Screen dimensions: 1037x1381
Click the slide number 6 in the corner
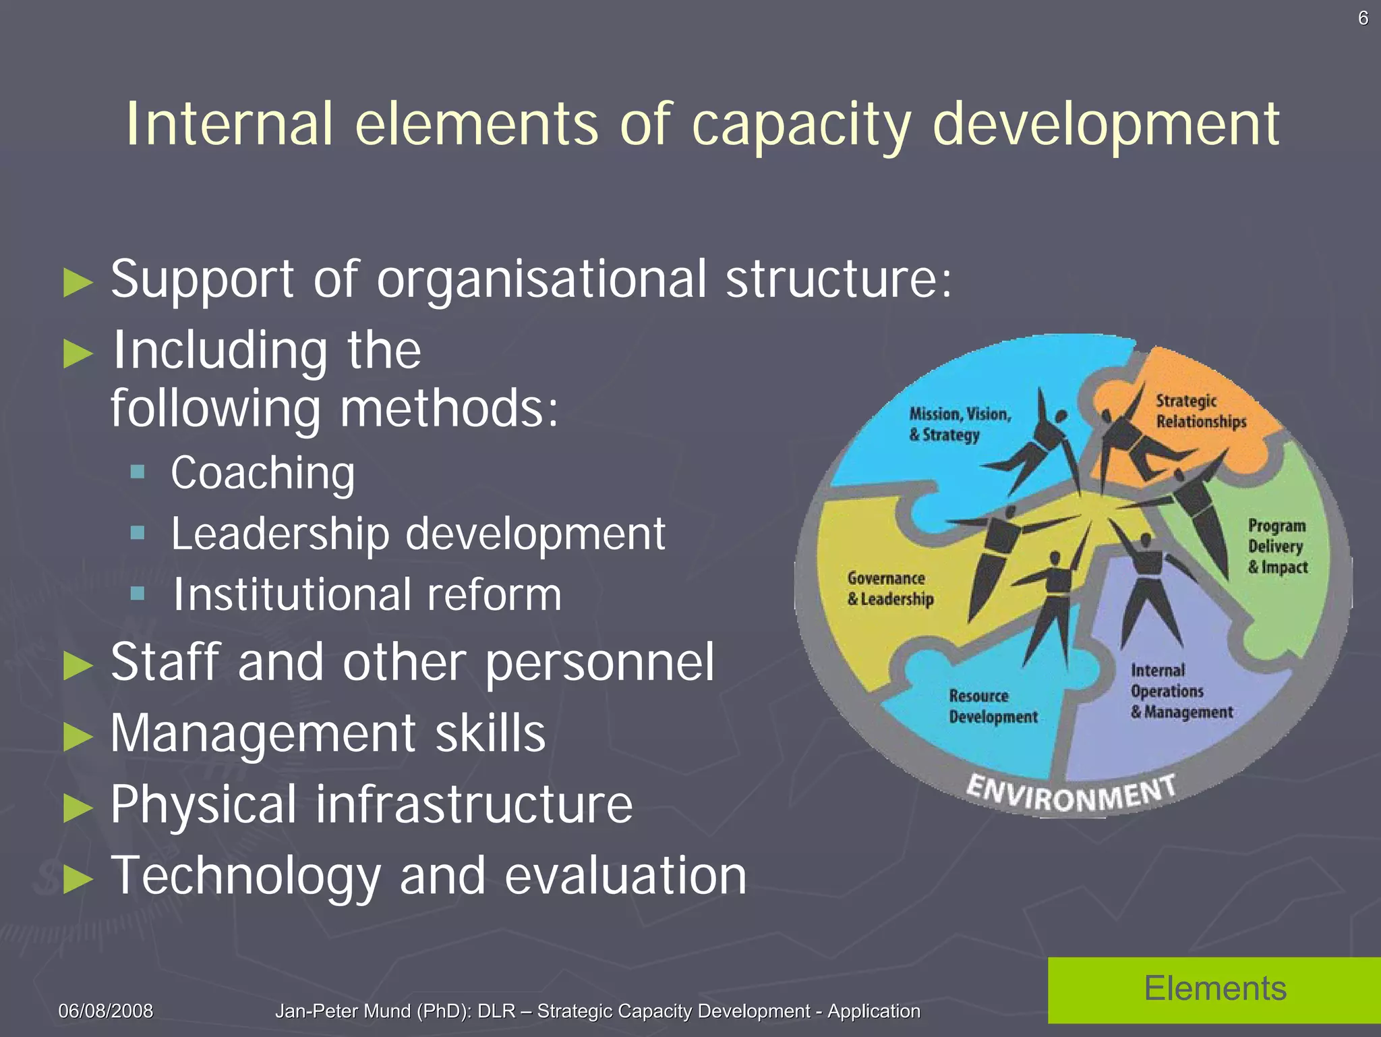[1363, 18]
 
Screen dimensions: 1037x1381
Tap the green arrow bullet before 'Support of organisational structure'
[78, 282]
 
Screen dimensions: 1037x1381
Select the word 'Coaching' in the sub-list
[262, 473]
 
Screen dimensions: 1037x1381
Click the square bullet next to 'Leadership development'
[138, 533]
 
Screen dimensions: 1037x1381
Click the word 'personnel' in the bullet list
[599, 663]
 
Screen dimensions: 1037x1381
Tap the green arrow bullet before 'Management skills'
[78, 736]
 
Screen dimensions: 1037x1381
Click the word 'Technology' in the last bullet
[245, 876]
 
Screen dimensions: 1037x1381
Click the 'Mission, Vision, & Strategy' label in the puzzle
[959, 424]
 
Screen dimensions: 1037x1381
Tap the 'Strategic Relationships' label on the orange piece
[1200, 411]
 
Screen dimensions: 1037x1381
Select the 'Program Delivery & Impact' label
[1276, 546]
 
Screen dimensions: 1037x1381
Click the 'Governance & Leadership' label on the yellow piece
[890, 588]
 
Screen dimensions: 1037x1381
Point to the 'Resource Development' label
[993, 706]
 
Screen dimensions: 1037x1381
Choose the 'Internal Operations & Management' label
[1181, 691]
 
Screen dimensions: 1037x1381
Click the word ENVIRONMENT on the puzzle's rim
[1071, 793]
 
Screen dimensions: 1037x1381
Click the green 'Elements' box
[1214, 989]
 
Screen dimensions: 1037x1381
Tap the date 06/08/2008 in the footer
[106, 1011]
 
